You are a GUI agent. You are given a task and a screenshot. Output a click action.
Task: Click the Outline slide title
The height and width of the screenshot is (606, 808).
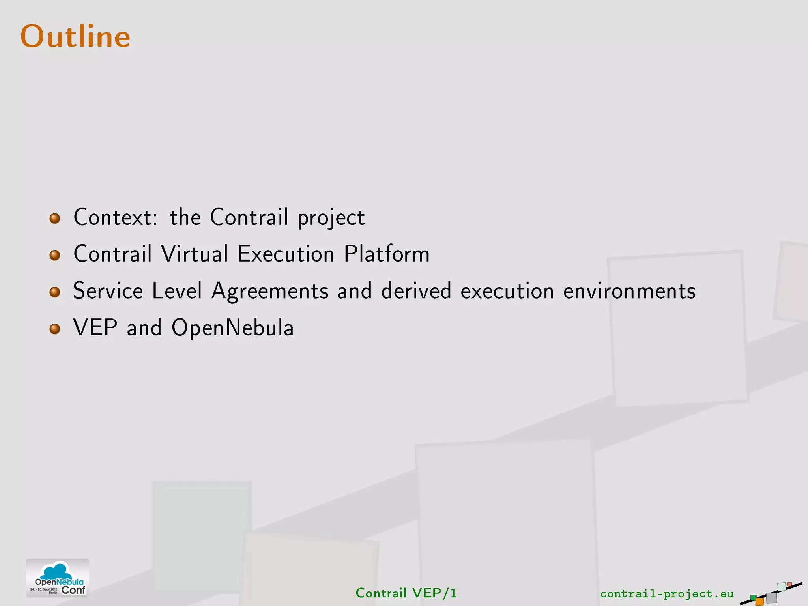[75, 36]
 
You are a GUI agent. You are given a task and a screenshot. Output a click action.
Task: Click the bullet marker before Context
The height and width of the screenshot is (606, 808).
[55, 218]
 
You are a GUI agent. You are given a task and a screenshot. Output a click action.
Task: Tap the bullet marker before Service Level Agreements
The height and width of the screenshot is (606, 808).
[55, 292]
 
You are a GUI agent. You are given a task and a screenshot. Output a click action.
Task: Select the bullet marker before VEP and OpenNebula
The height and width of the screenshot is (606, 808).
[55, 329]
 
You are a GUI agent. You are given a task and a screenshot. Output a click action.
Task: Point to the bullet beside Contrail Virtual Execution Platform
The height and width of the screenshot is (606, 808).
[55, 255]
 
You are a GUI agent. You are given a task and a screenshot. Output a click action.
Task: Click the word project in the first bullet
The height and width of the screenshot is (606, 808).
[331, 218]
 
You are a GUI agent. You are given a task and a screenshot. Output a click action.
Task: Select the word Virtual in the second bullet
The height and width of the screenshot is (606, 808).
[195, 254]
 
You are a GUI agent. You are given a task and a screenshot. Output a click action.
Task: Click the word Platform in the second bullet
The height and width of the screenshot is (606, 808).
[386, 254]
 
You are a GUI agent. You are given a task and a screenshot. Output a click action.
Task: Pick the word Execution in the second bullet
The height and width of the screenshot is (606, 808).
[286, 254]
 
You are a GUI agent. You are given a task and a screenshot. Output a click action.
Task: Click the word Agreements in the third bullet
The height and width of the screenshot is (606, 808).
[269, 291]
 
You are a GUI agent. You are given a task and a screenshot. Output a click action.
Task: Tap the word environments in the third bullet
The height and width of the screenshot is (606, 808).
[629, 291]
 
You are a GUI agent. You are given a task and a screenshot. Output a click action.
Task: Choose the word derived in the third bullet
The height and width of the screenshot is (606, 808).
[416, 291]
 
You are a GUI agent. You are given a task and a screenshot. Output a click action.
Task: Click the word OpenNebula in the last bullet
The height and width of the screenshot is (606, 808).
[232, 327]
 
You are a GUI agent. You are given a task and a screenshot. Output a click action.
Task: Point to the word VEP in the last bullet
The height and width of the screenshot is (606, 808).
[95, 327]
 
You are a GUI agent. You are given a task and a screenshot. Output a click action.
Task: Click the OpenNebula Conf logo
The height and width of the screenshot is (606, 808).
[58, 578]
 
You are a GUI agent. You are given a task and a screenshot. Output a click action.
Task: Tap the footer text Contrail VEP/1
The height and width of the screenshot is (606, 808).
[406, 593]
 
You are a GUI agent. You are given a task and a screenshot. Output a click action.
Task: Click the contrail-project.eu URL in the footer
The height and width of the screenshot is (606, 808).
[667, 593]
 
